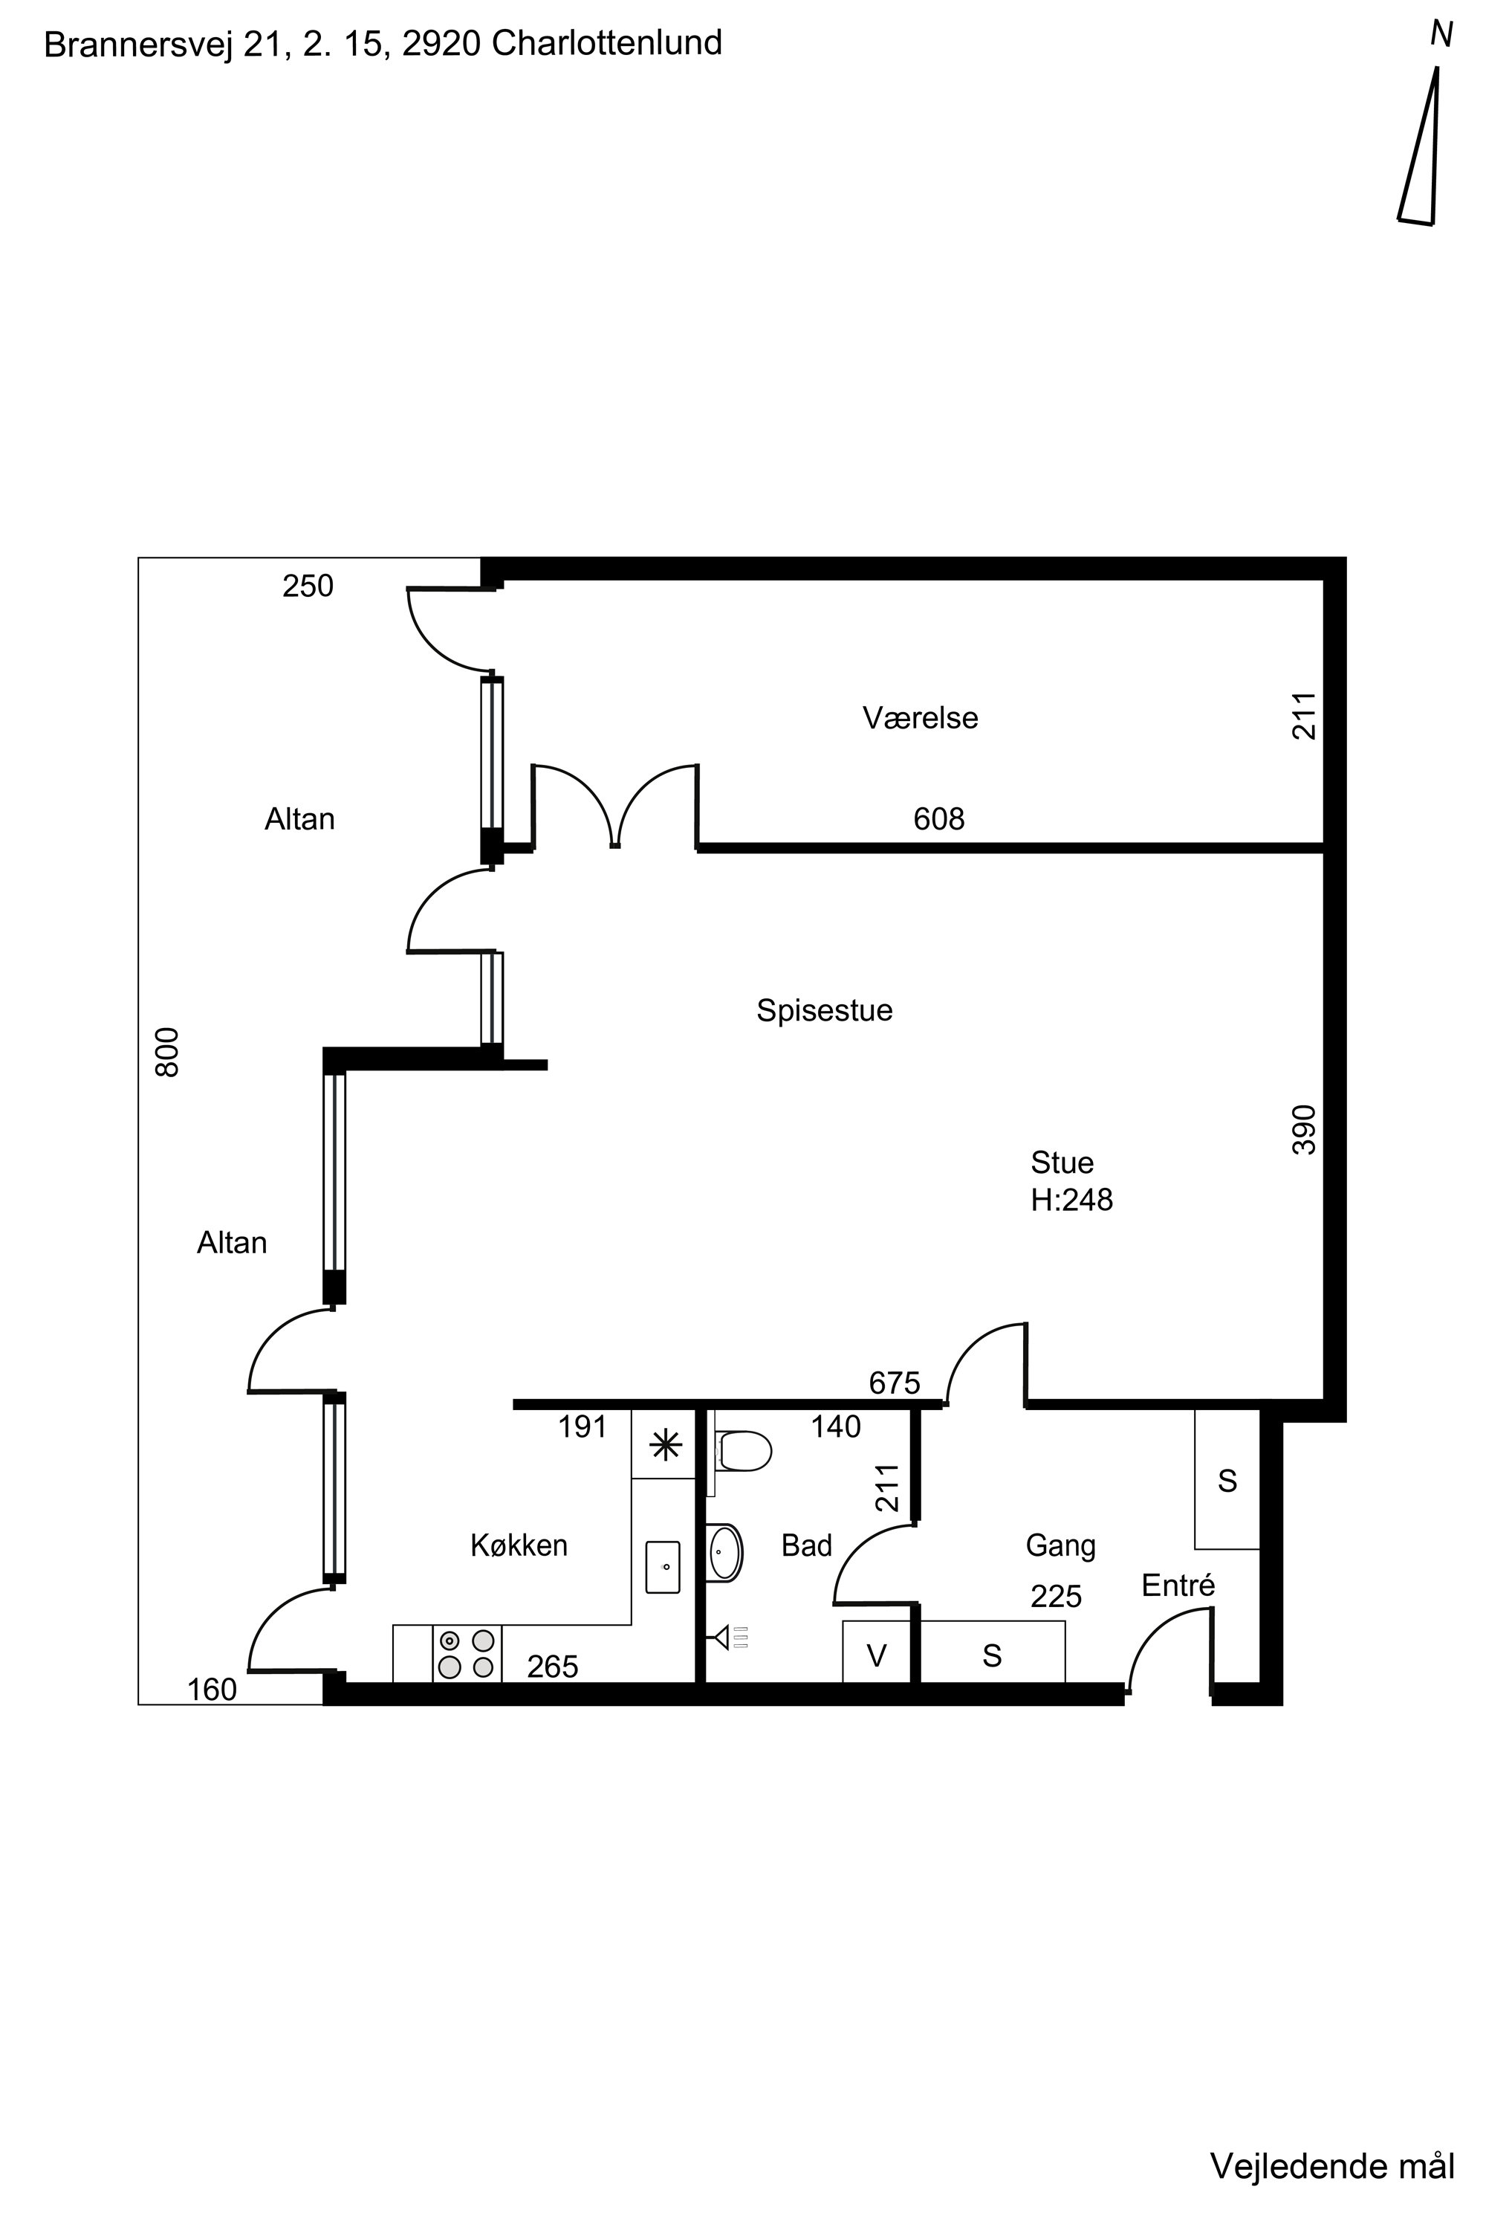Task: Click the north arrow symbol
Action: (x=1420, y=147)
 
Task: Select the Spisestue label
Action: (x=823, y=1011)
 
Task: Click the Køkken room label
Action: (x=519, y=1545)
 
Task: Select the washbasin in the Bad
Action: (x=725, y=1552)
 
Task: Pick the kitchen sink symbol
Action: (x=663, y=1566)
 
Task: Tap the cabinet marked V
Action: (x=877, y=1652)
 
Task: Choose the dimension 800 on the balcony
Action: (x=166, y=1052)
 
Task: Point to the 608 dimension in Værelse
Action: (x=938, y=818)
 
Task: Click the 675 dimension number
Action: (x=895, y=1383)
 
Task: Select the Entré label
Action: (x=1178, y=1586)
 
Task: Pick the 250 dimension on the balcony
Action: (x=308, y=586)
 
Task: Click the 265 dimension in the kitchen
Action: (x=553, y=1666)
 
